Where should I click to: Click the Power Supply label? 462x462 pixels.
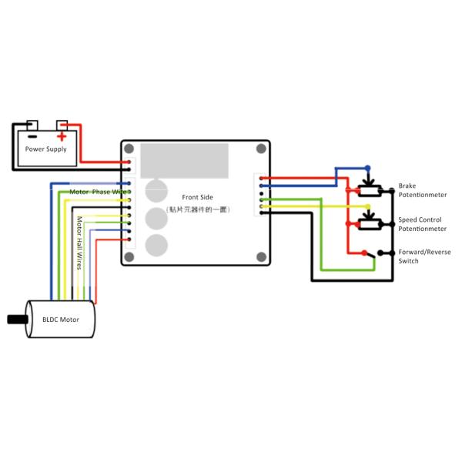click(x=46, y=149)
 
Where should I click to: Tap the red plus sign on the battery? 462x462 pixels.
click(x=61, y=135)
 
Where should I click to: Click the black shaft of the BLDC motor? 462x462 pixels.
click(x=15, y=318)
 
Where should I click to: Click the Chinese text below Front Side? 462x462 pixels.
click(x=199, y=209)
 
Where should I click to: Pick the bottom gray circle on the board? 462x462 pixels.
click(x=156, y=246)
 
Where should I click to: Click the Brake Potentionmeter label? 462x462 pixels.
click(x=419, y=191)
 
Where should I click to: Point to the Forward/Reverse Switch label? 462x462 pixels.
click(x=424, y=256)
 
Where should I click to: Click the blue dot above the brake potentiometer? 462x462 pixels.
click(x=368, y=167)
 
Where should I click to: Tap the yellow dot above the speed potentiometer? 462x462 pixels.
click(x=368, y=206)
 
